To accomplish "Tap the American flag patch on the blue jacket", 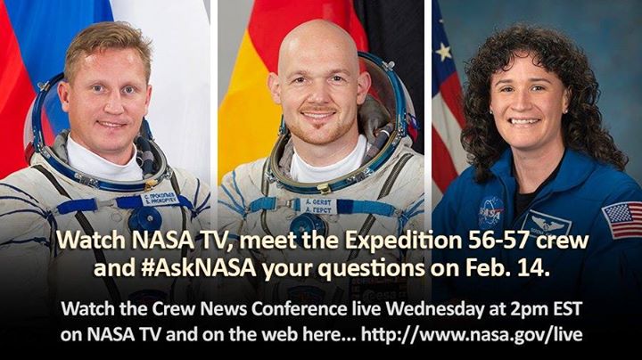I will [x=622, y=218].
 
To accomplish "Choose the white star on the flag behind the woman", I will [x=443, y=52].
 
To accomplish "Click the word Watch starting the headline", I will [x=83, y=241].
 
